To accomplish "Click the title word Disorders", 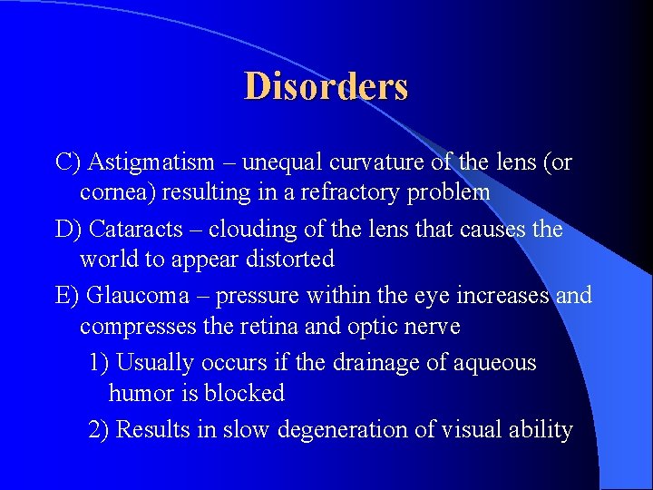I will pos(326,87).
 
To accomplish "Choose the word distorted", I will pos(285,260).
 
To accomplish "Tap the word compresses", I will pos(141,326).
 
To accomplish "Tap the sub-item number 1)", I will pos(100,363).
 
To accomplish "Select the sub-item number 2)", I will pos(100,429).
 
